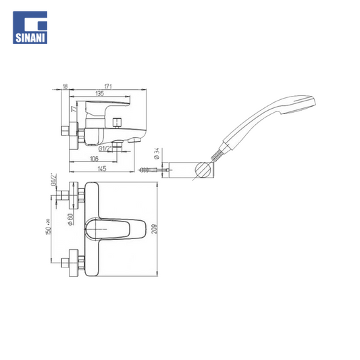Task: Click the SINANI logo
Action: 30,28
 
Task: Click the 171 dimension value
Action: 108,86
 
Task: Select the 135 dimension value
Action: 100,93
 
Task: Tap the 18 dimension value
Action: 66,86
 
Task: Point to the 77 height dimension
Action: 74,109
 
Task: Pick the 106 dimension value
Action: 94,159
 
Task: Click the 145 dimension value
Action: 102,169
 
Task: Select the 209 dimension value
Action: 155,229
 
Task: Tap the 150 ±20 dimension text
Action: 48,227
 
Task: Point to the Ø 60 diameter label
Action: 70,220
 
